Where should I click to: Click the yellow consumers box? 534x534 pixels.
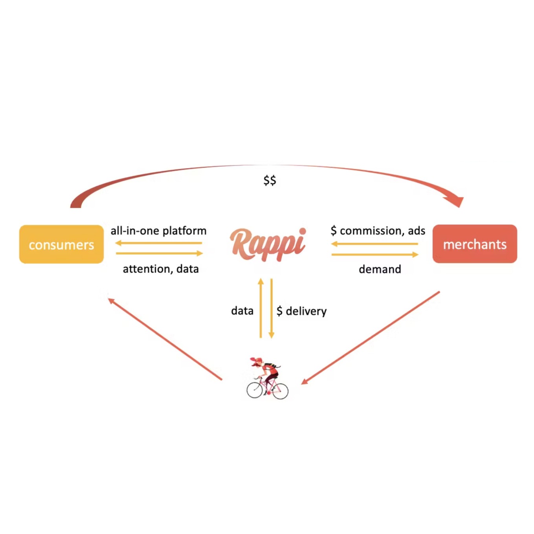61,244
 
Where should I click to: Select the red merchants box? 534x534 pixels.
474,244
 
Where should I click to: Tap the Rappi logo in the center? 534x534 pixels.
268,244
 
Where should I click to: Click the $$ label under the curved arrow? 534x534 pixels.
270,180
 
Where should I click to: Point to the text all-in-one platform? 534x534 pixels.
158,231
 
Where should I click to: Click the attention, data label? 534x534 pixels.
161,269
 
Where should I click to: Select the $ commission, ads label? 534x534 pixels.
378,231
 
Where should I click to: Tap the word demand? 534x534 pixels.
380,269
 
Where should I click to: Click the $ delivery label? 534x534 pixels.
301,311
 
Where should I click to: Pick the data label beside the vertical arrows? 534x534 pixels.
242,310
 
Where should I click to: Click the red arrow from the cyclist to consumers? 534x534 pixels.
165,339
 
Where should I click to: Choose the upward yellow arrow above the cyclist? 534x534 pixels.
261,308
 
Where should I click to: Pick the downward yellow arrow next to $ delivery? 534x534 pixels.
271,308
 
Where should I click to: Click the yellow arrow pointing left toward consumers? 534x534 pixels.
159,243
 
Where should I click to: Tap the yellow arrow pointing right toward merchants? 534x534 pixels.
375,255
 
